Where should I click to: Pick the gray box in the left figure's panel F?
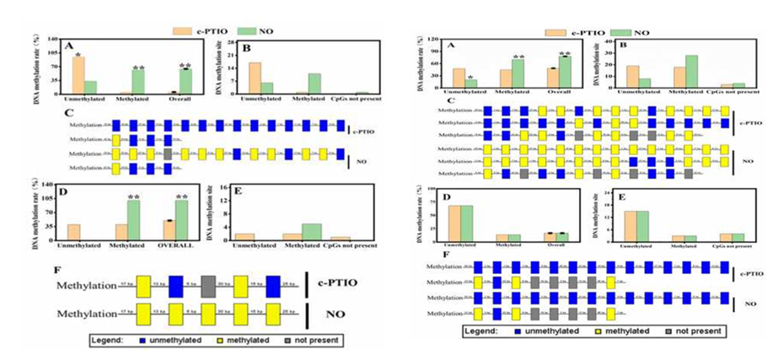(208, 287)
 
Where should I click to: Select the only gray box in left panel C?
(168, 153)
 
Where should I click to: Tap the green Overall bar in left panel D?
(180, 219)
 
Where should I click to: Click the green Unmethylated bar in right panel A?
(471, 83)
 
